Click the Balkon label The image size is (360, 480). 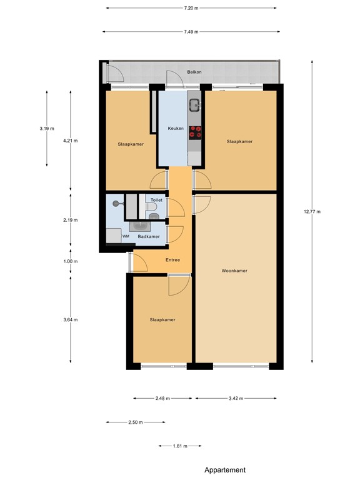tap(194, 72)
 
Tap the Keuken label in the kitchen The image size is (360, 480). tap(176, 128)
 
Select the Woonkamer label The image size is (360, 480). tap(234, 271)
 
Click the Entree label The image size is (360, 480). tap(172, 260)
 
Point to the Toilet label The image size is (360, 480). tap(156, 200)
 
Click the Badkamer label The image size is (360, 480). tap(149, 237)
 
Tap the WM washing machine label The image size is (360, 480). tap(126, 236)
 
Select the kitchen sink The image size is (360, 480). tap(194, 105)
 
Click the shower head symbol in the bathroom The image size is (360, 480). tap(116, 203)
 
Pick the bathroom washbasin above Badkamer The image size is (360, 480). tap(140, 226)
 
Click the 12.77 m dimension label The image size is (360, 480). tap(312, 211)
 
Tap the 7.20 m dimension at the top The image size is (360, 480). tap(191, 8)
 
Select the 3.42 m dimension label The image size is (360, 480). tap(236, 398)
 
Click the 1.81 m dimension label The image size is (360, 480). tap(180, 446)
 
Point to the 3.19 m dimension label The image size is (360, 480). tap(47, 129)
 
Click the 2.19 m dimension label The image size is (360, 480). tap(71, 220)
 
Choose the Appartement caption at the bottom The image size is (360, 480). tap(225, 470)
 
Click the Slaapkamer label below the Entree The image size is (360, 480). tap(162, 319)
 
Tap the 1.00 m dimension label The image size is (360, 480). tap(71, 261)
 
